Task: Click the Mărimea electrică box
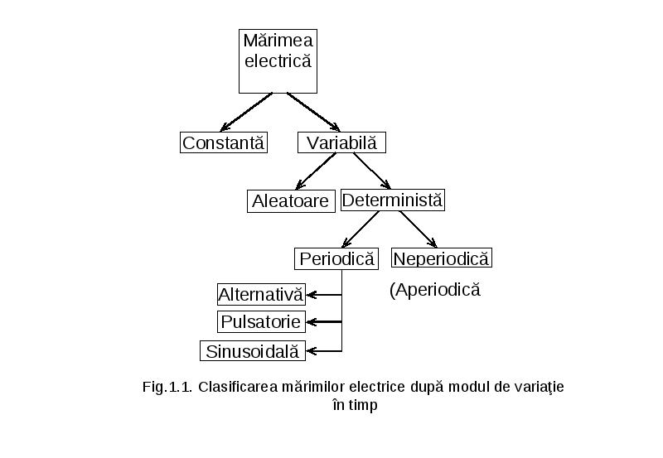[x=278, y=61]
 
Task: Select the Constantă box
[x=224, y=142]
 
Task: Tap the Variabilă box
[x=341, y=142]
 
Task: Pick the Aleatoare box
[x=291, y=200]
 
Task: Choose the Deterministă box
[x=392, y=200]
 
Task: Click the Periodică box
[x=336, y=258]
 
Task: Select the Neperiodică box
[x=442, y=258]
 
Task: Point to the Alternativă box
[x=261, y=295]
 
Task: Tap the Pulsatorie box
[x=261, y=322]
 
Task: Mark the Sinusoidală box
[x=253, y=351]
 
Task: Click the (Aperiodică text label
[x=434, y=290]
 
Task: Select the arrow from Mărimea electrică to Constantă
[x=246, y=112]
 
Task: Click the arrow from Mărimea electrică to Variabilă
[x=313, y=112]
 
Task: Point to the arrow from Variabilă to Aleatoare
[x=316, y=171]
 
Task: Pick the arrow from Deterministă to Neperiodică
[x=419, y=229]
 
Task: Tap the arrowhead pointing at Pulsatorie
[x=312, y=322]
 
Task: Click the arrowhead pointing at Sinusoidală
[x=312, y=351]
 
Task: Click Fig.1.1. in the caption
[x=167, y=387]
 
